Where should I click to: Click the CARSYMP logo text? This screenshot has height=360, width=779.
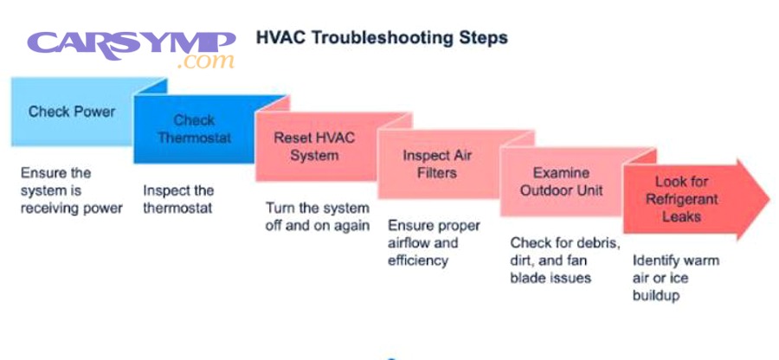[x=131, y=42]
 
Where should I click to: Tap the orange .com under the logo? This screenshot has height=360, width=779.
[x=205, y=62]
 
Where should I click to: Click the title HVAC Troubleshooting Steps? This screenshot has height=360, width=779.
[x=382, y=38]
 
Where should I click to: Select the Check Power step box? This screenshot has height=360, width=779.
[x=72, y=112]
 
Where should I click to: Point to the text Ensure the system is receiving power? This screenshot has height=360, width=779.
[x=71, y=190]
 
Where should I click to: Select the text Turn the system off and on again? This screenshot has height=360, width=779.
[x=317, y=217]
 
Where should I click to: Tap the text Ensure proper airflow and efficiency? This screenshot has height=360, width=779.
[x=434, y=243]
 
